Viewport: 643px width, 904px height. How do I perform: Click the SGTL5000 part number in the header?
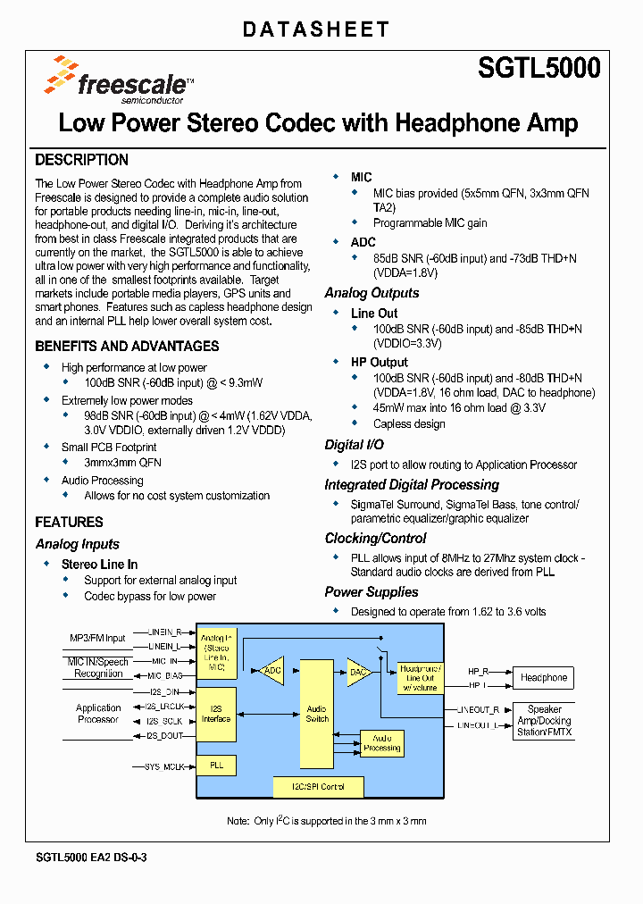point(539,68)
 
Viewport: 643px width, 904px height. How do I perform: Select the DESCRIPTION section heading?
point(81,160)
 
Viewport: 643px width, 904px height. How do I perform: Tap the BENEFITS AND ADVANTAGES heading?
point(127,346)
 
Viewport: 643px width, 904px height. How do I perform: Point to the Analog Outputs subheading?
point(372,293)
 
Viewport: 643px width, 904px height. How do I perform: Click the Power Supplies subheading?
point(372,591)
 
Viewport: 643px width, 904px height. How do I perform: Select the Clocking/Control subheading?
point(375,538)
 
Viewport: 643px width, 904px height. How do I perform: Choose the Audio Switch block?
point(317,715)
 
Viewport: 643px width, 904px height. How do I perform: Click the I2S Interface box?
point(216,714)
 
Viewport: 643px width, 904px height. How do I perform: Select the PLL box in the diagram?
point(216,766)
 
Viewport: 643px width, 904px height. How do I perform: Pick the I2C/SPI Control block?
point(318,787)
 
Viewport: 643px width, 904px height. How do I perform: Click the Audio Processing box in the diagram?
point(381,742)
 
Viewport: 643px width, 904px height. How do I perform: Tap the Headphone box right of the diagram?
point(544,677)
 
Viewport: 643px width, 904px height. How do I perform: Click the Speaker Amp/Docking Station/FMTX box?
point(544,721)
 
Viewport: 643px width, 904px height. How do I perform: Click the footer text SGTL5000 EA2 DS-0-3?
point(91,858)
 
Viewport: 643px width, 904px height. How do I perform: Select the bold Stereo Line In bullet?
point(99,564)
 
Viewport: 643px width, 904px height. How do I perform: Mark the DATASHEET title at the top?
point(316,29)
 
